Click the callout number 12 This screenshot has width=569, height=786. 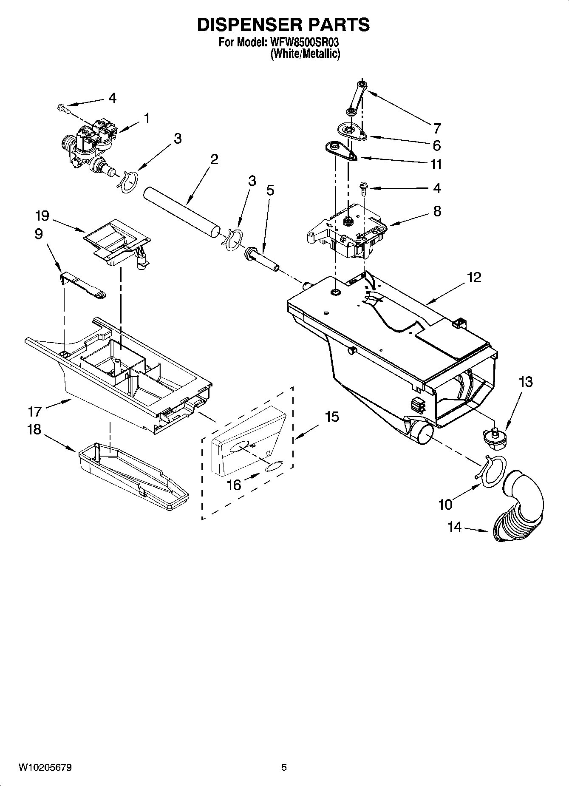[474, 277]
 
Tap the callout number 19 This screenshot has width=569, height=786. [42, 216]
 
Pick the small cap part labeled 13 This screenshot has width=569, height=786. [494, 439]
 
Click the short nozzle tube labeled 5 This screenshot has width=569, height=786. [262, 259]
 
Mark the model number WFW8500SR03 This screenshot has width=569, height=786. [303, 43]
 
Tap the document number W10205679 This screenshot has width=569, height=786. [45, 768]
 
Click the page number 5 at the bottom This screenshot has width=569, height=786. [284, 768]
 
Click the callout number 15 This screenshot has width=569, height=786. [332, 417]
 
